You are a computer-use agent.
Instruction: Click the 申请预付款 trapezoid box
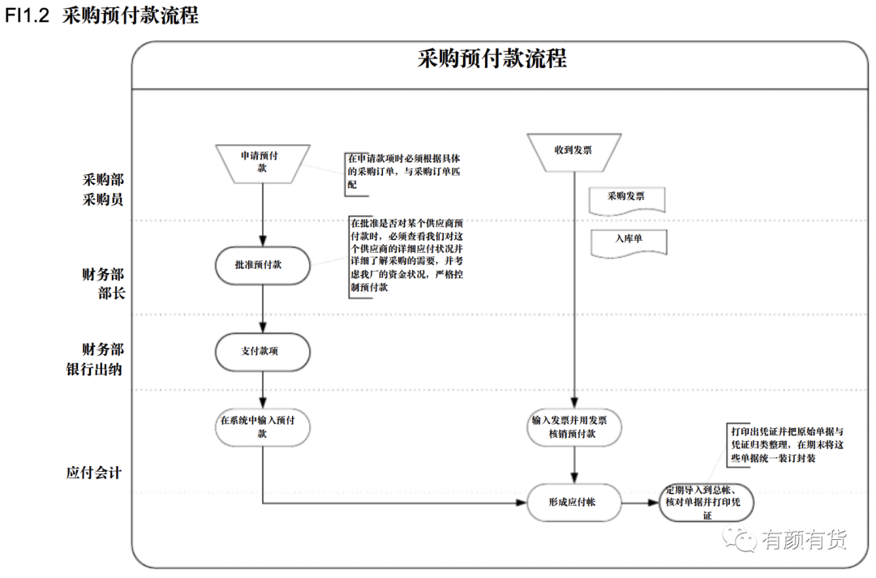(x=263, y=164)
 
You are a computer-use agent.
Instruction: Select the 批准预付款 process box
(x=263, y=265)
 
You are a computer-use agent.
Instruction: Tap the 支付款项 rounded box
(x=263, y=352)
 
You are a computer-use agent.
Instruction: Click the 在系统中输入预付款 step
(x=263, y=427)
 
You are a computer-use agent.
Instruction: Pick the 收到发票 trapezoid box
(x=573, y=152)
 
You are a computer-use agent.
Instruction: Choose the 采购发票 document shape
(x=627, y=201)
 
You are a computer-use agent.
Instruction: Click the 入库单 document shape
(x=629, y=243)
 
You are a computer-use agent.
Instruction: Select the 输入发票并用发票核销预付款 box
(x=573, y=427)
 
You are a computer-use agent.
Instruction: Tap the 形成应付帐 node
(x=573, y=503)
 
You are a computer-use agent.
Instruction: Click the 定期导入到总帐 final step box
(x=706, y=503)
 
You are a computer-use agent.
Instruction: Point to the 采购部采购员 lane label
(x=103, y=190)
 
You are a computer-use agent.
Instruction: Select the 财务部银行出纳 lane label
(x=95, y=359)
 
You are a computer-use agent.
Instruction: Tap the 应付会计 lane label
(x=94, y=473)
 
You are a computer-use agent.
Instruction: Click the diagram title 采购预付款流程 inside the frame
(x=492, y=58)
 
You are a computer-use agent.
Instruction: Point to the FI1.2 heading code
(x=27, y=15)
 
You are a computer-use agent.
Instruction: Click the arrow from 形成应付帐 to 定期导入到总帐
(x=640, y=503)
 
